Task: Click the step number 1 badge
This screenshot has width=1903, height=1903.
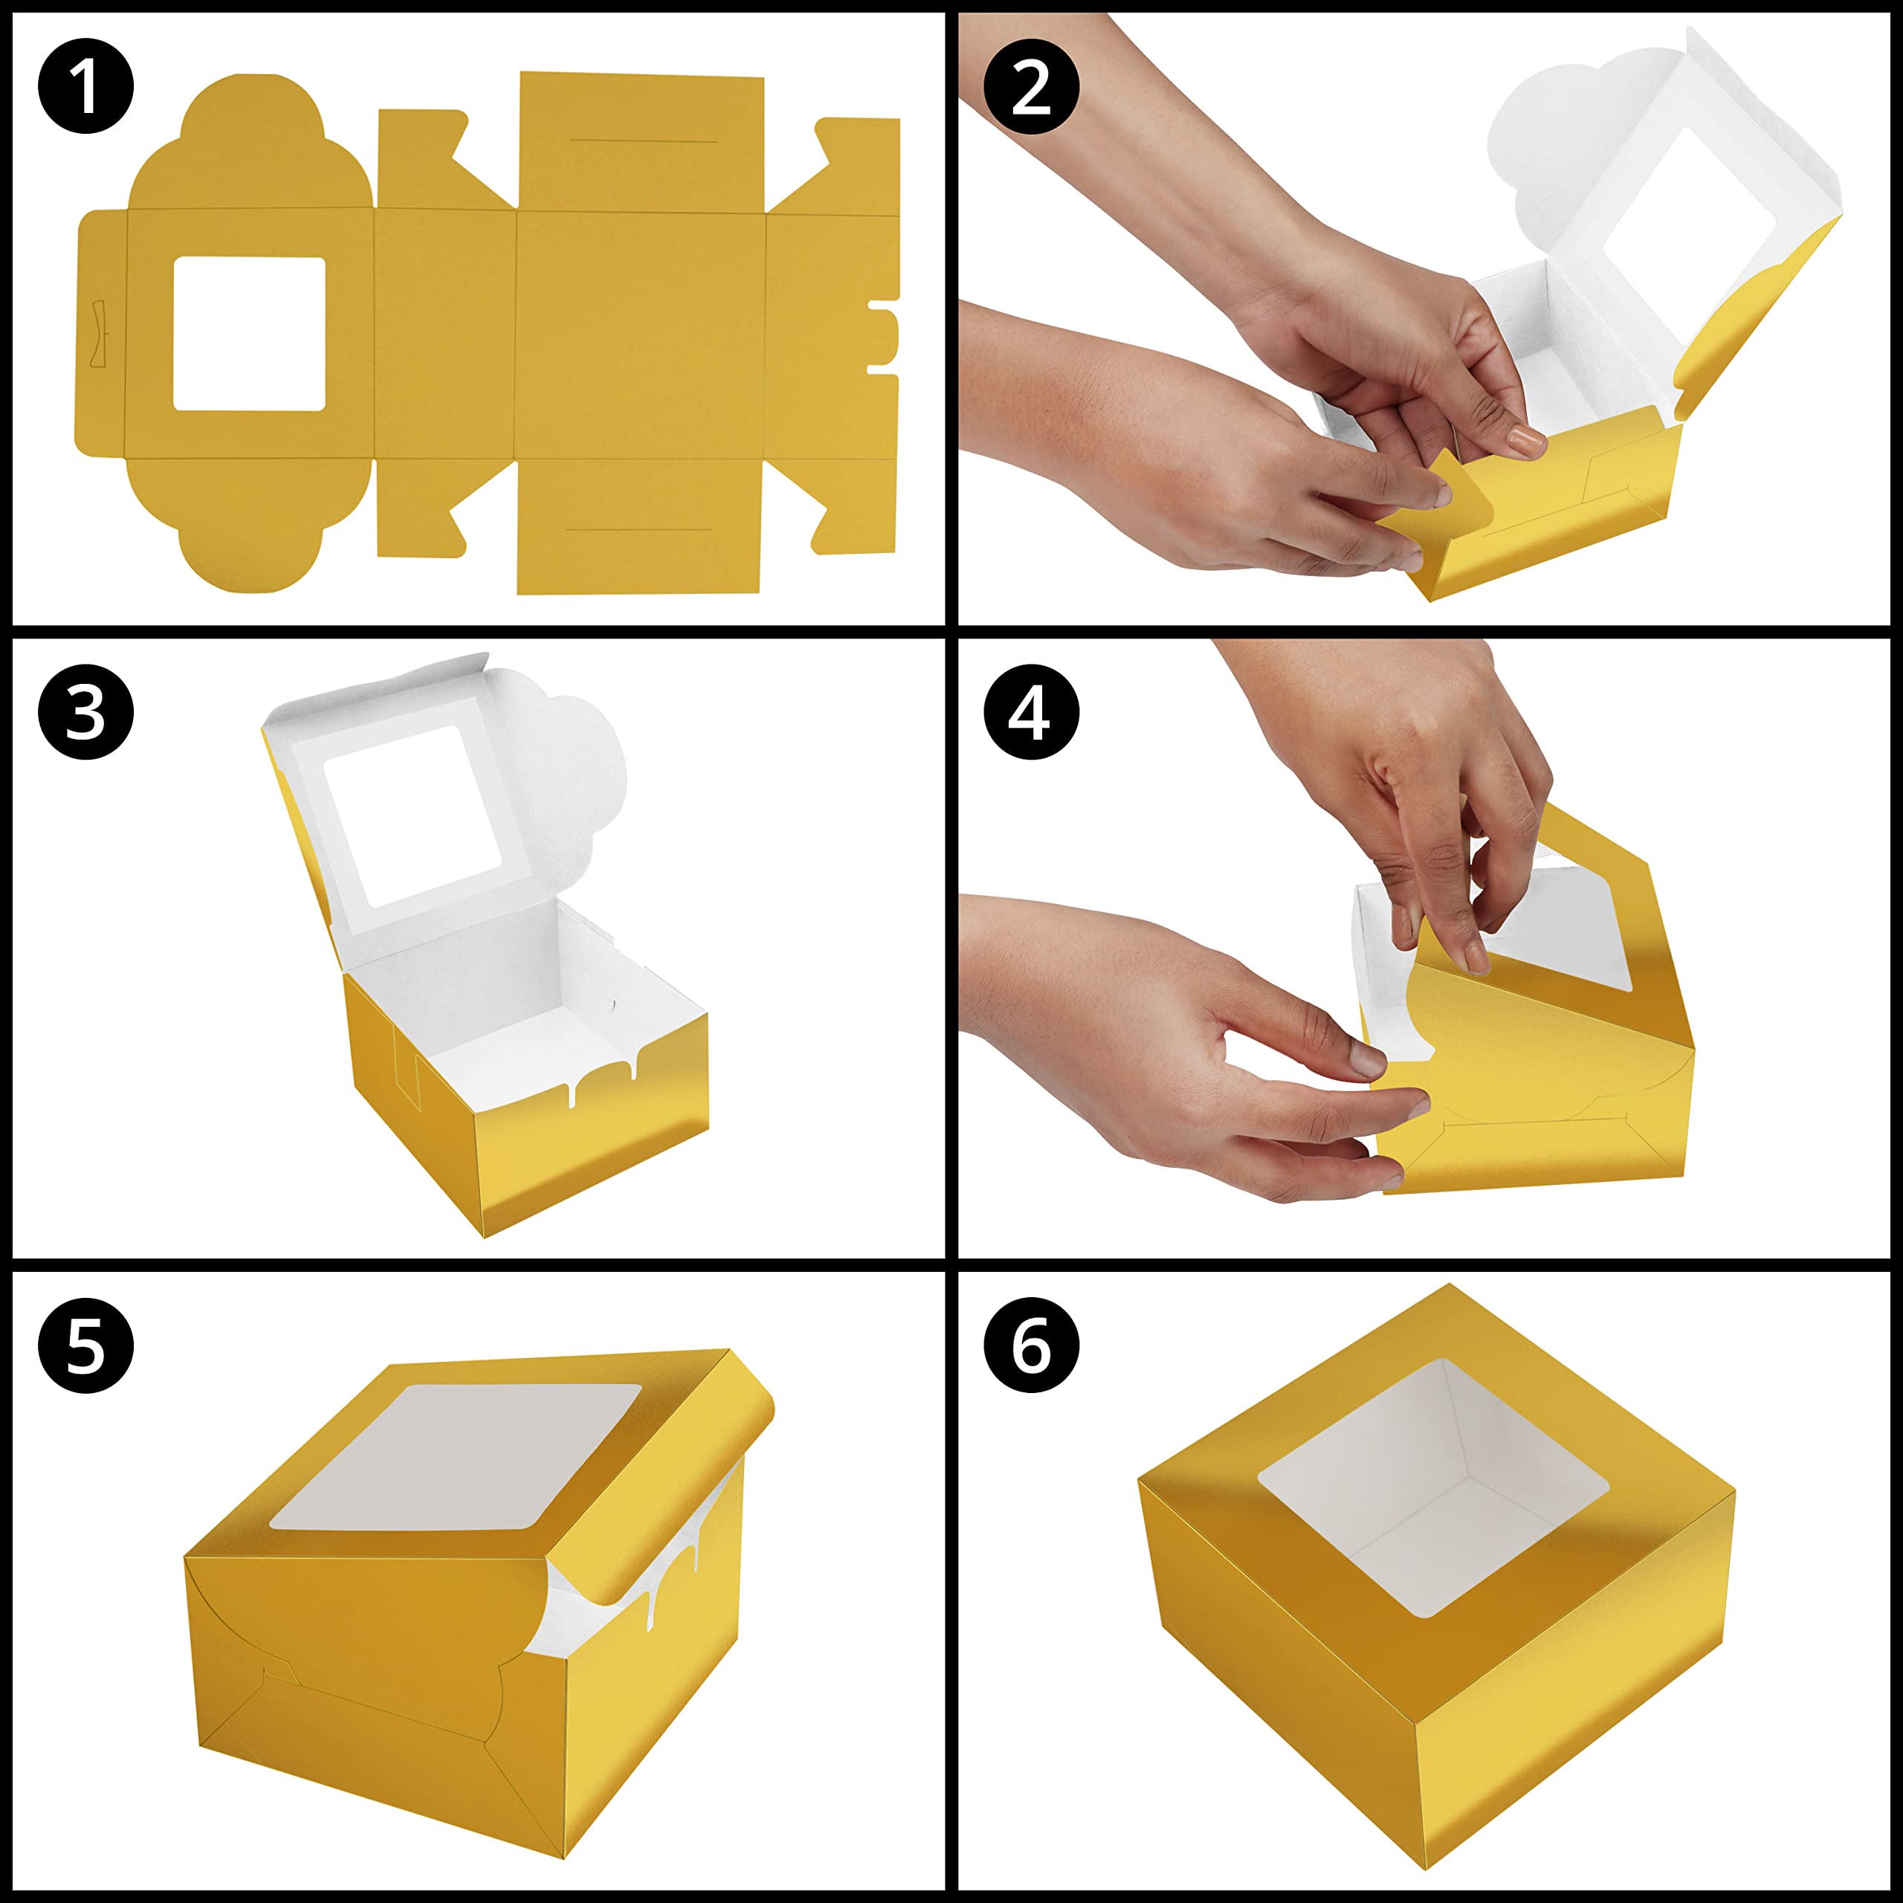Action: pos(85,87)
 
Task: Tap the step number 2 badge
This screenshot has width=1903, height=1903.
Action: pos(1031,87)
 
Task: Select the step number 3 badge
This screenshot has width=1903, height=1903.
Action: pos(85,711)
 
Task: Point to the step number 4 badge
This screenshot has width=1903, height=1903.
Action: pos(1031,711)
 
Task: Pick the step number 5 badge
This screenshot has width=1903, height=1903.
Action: pos(85,1345)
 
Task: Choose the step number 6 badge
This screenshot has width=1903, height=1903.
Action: pos(1031,1345)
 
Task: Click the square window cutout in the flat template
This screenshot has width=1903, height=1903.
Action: pos(249,334)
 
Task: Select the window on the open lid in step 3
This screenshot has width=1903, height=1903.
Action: pos(412,816)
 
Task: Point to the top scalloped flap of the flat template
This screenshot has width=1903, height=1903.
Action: pos(251,143)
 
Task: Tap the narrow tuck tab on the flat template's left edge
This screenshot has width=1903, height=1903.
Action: pos(100,333)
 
